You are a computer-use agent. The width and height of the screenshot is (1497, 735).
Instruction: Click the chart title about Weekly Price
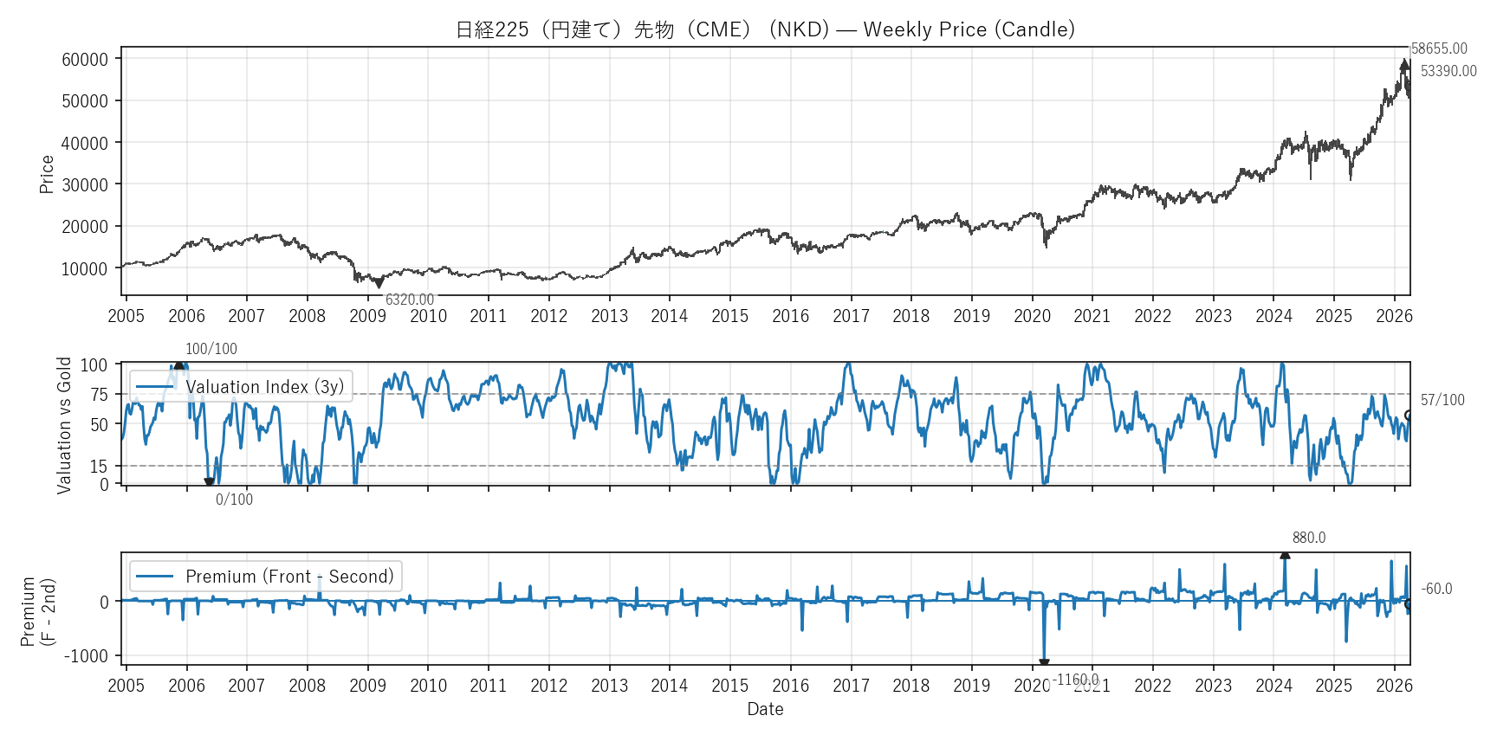pyautogui.click(x=765, y=29)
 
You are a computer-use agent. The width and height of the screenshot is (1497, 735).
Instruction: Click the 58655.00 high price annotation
pyautogui.click(x=1439, y=49)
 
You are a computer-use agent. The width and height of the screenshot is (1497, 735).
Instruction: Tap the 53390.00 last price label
pyautogui.click(x=1448, y=71)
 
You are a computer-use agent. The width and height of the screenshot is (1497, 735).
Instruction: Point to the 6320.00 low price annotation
pyautogui.click(x=410, y=300)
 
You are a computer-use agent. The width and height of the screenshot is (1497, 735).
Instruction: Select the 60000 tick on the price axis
pyautogui.click(x=85, y=60)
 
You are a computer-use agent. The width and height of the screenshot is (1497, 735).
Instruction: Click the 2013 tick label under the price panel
pyautogui.click(x=609, y=316)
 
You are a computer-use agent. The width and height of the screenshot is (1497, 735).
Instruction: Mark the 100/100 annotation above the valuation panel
pyautogui.click(x=211, y=349)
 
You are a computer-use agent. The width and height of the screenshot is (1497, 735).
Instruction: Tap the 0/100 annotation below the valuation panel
pyautogui.click(x=234, y=500)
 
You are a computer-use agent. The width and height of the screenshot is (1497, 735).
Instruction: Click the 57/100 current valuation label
pyautogui.click(x=1442, y=400)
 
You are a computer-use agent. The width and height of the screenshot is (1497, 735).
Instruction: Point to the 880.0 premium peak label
pyautogui.click(x=1309, y=538)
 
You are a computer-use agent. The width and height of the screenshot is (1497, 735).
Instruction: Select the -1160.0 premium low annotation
pyautogui.click(x=1076, y=680)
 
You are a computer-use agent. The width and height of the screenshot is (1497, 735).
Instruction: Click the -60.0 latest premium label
pyautogui.click(x=1437, y=589)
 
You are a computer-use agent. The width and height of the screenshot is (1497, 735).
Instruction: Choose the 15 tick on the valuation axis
pyautogui.click(x=99, y=467)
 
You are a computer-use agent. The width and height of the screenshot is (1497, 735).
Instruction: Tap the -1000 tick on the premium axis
pyautogui.click(x=86, y=656)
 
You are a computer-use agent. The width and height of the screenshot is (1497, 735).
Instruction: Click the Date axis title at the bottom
pyautogui.click(x=765, y=709)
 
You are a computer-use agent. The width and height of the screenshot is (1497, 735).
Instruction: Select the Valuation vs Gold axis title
pyautogui.click(x=64, y=425)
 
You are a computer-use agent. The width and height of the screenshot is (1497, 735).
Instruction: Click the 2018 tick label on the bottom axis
pyautogui.click(x=911, y=686)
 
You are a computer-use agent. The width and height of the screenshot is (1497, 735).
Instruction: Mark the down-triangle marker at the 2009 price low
pyautogui.click(x=379, y=283)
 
